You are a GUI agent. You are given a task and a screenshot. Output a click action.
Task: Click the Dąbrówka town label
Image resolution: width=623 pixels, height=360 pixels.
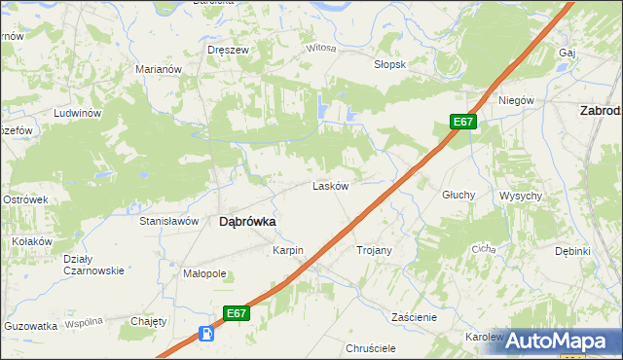(247, 222)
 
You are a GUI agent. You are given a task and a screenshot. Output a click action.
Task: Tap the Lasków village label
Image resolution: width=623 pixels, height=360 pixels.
(330, 186)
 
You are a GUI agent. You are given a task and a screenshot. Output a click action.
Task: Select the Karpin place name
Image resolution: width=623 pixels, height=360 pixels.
(288, 250)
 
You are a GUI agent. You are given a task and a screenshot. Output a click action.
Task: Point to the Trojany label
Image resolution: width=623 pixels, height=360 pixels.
(374, 250)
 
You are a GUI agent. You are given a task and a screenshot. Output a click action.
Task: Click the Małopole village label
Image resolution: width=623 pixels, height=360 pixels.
(204, 273)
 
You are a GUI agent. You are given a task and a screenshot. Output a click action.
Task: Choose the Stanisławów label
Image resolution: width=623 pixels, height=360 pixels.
(169, 221)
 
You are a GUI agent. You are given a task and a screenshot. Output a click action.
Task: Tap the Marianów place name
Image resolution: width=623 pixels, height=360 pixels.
(160, 69)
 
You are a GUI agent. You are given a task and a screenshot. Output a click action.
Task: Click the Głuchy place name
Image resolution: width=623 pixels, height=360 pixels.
(458, 195)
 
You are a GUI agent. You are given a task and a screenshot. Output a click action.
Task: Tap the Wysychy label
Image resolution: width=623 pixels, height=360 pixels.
(521, 196)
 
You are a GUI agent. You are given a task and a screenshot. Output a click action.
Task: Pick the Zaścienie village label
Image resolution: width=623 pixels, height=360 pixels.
(414, 317)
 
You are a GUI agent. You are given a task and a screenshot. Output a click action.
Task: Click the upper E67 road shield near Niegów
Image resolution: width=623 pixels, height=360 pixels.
(463, 122)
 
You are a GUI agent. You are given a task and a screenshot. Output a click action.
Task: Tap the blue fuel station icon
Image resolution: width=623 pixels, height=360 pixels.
(206, 334)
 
